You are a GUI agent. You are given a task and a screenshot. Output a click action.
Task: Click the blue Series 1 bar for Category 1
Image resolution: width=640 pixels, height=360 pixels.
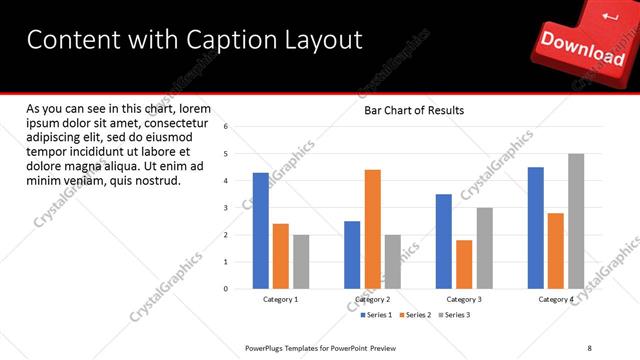tap(260, 231)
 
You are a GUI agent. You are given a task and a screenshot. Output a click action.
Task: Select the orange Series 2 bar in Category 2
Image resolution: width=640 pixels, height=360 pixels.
tap(372, 229)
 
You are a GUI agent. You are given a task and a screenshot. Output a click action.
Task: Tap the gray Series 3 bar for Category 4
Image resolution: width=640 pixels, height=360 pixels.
tap(576, 221)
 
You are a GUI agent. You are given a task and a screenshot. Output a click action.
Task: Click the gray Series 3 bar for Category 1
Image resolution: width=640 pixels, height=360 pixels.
tap(301, 262)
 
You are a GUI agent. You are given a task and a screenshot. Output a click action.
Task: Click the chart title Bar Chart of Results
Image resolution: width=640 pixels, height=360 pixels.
tap(413, 110)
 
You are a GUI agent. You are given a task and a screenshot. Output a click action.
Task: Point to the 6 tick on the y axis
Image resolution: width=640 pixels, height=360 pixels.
tap(226, 127)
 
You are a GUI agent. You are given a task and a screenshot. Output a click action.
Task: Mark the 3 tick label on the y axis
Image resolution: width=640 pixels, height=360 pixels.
tap(226, 208)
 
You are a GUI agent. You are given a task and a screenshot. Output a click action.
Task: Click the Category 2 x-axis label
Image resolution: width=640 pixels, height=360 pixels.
tap(372, 299)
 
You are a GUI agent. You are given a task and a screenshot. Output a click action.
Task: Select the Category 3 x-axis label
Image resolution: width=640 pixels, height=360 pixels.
tap(464, 299)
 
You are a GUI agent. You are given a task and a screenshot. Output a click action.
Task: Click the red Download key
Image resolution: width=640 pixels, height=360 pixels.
tap(582, 45)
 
